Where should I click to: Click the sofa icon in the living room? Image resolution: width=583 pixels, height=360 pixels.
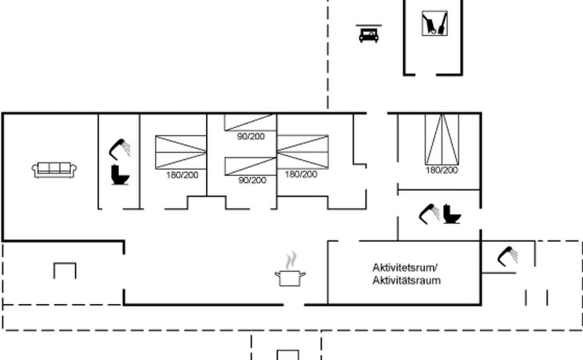coord(54,169)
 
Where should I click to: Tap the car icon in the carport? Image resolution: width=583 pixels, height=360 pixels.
coord(367,34)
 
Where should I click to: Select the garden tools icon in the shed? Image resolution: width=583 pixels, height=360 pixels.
coord(434,23)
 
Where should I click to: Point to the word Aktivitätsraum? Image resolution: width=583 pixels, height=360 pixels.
coord(407,281)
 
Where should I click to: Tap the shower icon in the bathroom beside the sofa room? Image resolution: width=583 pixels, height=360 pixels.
coord(121,146)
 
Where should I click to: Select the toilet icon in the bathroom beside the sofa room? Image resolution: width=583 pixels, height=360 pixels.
coord(120,174)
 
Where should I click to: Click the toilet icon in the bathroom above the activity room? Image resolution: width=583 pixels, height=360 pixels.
coord(453,214)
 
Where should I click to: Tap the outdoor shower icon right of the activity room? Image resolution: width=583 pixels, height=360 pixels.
coord(507,255)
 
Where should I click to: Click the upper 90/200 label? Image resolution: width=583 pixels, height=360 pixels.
coord(250,136)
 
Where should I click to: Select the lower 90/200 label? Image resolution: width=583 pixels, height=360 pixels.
coord(252,180)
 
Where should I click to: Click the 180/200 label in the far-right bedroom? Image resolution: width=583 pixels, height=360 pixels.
coord(442,170)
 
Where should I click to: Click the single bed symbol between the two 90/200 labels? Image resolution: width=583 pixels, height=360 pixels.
coord(250,166)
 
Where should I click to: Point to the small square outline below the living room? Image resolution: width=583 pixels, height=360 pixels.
coord(65,270)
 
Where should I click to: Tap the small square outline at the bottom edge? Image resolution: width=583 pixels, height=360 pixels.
coord(288,354)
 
